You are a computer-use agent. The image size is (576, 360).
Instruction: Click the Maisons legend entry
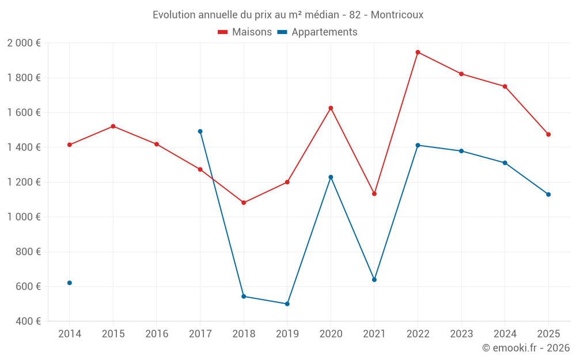[x=245, y=32]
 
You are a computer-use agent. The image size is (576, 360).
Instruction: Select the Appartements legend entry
[x=317, y=32]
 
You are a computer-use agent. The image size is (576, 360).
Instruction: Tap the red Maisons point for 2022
[x=418, y=52]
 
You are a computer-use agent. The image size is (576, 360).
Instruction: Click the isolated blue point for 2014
[x=70, y=283]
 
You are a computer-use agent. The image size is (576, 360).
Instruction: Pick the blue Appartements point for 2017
[x=200, y=131]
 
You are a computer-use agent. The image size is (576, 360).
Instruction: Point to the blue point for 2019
[x=287, y=304]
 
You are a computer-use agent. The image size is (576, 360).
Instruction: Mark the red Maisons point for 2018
[x=244, y=203]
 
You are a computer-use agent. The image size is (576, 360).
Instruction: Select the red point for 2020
[x=331, y=108]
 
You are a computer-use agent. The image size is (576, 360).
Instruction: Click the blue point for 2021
[x=374, y=279]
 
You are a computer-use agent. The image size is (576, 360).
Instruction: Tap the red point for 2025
[x=548, y=134]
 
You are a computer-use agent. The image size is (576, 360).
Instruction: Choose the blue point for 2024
[x=505, y=162]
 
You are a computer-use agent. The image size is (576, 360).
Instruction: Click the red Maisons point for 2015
[x=113, y=126]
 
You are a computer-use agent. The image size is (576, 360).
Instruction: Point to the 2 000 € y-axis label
[x=24, y=43]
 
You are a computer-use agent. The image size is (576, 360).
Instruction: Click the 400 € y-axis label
[x=27, y=321]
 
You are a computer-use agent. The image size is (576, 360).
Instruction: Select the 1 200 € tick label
[x=24, y=182]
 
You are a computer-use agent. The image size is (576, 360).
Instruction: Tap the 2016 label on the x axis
[x=157, y=334]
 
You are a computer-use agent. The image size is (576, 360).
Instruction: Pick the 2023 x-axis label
[x=461, y=334]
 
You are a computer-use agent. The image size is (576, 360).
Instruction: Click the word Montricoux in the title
[x=397, y=15]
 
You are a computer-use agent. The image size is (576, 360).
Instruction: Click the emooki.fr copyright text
[x=525, y=348]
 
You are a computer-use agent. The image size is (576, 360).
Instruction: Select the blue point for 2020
[x=331, y=177]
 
